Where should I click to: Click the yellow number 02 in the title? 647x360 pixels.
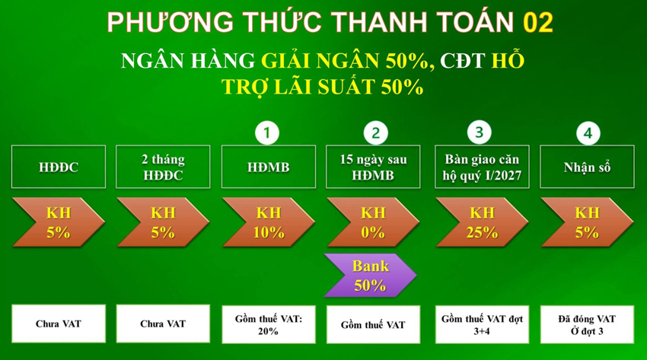[x=538, y=22]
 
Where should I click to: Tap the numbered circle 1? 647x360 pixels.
[x=267, y=132]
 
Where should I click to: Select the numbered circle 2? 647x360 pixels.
[x=375, y=132]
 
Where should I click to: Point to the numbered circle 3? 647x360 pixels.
[x=479, y=132]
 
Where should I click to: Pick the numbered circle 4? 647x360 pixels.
[x=588, y=132]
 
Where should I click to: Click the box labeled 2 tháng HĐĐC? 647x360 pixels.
[x=163, y=167]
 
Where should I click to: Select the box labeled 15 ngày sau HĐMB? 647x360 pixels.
[x=373, y=167]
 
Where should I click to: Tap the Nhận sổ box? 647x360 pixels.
[x=587, y=167]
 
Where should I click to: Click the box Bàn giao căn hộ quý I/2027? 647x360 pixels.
[x=482, y=167]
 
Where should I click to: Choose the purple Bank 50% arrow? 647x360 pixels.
[x=370, y=276]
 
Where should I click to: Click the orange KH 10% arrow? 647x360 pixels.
[x=269, y=222]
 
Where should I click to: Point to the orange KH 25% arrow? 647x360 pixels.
[x=482, y=222]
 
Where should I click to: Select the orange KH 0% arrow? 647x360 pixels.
[x=373, y=222]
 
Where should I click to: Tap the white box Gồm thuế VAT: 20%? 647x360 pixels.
[x=269, y=324]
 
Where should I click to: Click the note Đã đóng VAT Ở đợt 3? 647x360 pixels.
[x=587, y=324]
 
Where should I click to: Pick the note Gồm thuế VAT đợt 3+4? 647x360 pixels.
[x=482, y=324]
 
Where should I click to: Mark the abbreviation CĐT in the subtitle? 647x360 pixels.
[x=462, y=61]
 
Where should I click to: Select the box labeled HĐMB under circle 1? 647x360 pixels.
[x=269, y=167]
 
